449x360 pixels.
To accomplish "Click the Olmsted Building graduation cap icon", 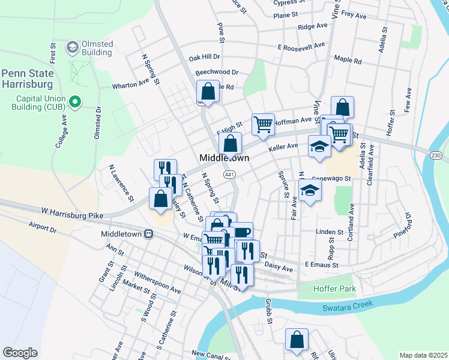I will pos(73,47).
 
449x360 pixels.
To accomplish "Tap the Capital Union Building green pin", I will pos(75,103).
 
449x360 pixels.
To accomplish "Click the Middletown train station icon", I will pos(148,235).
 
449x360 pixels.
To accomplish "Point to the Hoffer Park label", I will pos(335,289).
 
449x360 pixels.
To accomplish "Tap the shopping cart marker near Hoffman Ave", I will pos(263,124).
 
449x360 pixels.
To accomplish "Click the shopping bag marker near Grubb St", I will pos(297,340).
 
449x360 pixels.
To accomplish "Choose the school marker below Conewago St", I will pos(310,191).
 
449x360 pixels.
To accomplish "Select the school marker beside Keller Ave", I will pos(319,146).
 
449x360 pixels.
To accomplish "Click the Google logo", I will pos(20,353).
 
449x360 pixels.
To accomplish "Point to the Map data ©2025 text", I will pos(423,355).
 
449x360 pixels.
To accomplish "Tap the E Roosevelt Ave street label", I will pos(301,46).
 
